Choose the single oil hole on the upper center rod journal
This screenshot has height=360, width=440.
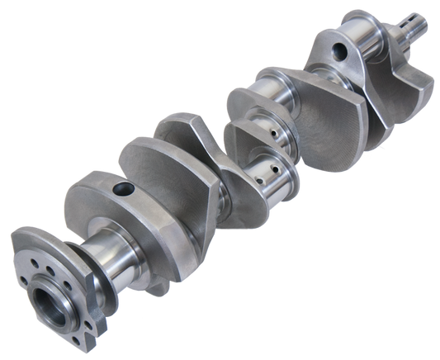[267, 132]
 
